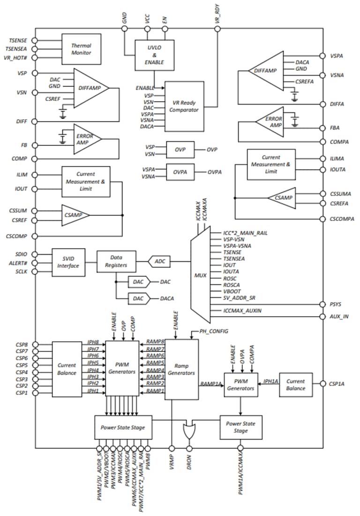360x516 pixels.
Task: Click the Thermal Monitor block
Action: tap(81, 49)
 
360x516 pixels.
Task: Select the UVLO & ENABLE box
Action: tap(154, 55)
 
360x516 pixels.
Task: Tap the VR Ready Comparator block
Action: tap(184, 106)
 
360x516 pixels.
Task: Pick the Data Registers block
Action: tap(116, 261)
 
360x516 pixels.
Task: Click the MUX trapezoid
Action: tap(200, 275)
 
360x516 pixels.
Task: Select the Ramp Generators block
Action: tap(181, 369)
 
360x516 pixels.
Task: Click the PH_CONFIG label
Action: tap(214, 331)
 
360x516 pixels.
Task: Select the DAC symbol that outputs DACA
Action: tap(138, 298)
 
